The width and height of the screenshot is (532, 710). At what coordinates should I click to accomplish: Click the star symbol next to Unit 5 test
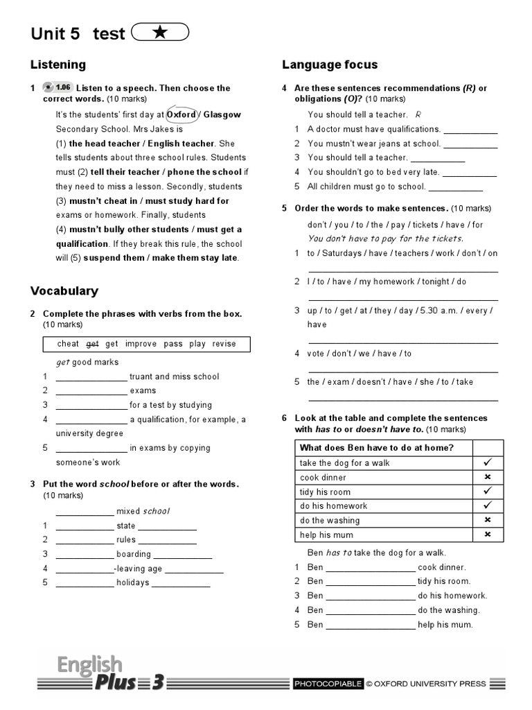pyautogui.click(x=159, y=33)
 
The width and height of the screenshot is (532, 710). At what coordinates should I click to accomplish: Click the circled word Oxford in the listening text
pyautogui.click(x=181, y=114)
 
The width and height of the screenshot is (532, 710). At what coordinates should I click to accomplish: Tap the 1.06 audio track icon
pyautogui.click(x=57, y=87)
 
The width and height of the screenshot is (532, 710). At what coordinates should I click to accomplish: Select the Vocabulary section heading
pyautogui.click(x=64, y=291)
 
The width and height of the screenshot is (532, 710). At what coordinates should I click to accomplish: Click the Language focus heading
pyautogui.click(x=330, y=64)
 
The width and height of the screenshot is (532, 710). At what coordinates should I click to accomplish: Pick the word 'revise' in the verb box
pyautogui.click(x=224, y=344)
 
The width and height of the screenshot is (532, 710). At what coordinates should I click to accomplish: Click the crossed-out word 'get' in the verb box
pyautogui.click(x=93, y=344)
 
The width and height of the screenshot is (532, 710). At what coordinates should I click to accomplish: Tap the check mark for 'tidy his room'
pyautogui.click(x=487, y=492)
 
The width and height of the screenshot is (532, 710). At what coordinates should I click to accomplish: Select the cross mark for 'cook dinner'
pyautogui.click(x=487, y=478)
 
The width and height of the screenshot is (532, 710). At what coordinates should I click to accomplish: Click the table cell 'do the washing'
pyautogui.click(x=330, y=521)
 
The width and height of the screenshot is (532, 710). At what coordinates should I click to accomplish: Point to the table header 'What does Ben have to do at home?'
pyautogui.click(x=377, y=448)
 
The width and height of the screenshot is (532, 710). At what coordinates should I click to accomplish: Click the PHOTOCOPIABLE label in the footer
pyautogui.click(x=328, y=684)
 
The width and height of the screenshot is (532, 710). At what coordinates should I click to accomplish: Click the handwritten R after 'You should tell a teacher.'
pyautogui.click(x=418, y=114)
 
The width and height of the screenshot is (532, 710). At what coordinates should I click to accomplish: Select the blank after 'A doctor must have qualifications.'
pyautogui.click(x=470, y=130)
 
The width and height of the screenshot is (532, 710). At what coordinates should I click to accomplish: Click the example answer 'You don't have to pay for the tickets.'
pyautogui.click(x=385, y=239)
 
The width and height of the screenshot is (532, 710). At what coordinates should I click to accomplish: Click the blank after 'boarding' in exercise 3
pyautogui.click(x=182, y=555)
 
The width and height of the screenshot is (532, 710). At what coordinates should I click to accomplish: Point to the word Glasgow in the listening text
pyautogui.click(x=222, y=114)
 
